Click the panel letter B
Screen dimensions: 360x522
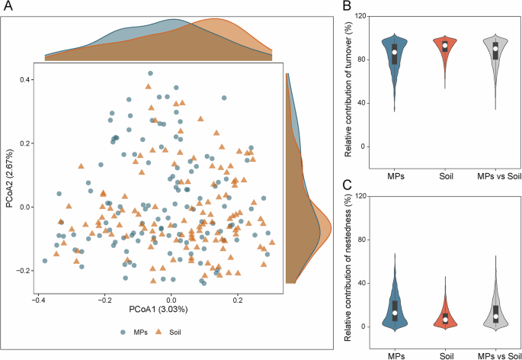[347, 7]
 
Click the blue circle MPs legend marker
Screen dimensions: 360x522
[123, 332]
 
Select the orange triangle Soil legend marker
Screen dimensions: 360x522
[159, 332]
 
